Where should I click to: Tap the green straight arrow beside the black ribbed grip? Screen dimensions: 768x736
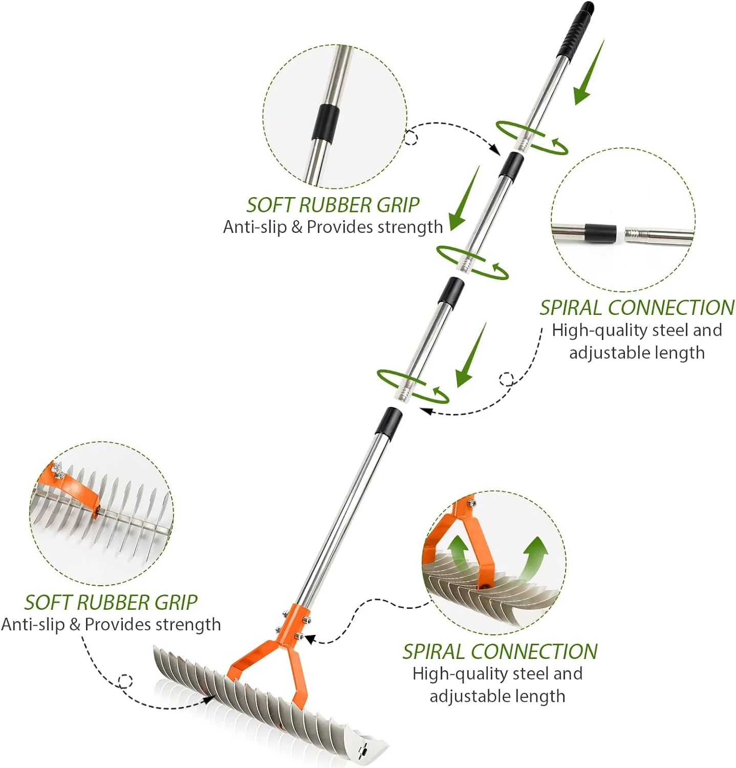tap(588, 75)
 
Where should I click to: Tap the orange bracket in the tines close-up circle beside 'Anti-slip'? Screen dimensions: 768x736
tap(77, 488)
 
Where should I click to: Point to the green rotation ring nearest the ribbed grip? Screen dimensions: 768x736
tap(532, 137)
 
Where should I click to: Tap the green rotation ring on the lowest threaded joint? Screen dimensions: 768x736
tap(413, 386)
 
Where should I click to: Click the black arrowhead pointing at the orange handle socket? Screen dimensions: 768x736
tap(309, 639)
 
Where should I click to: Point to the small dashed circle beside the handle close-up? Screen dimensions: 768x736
tap(411, 137)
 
